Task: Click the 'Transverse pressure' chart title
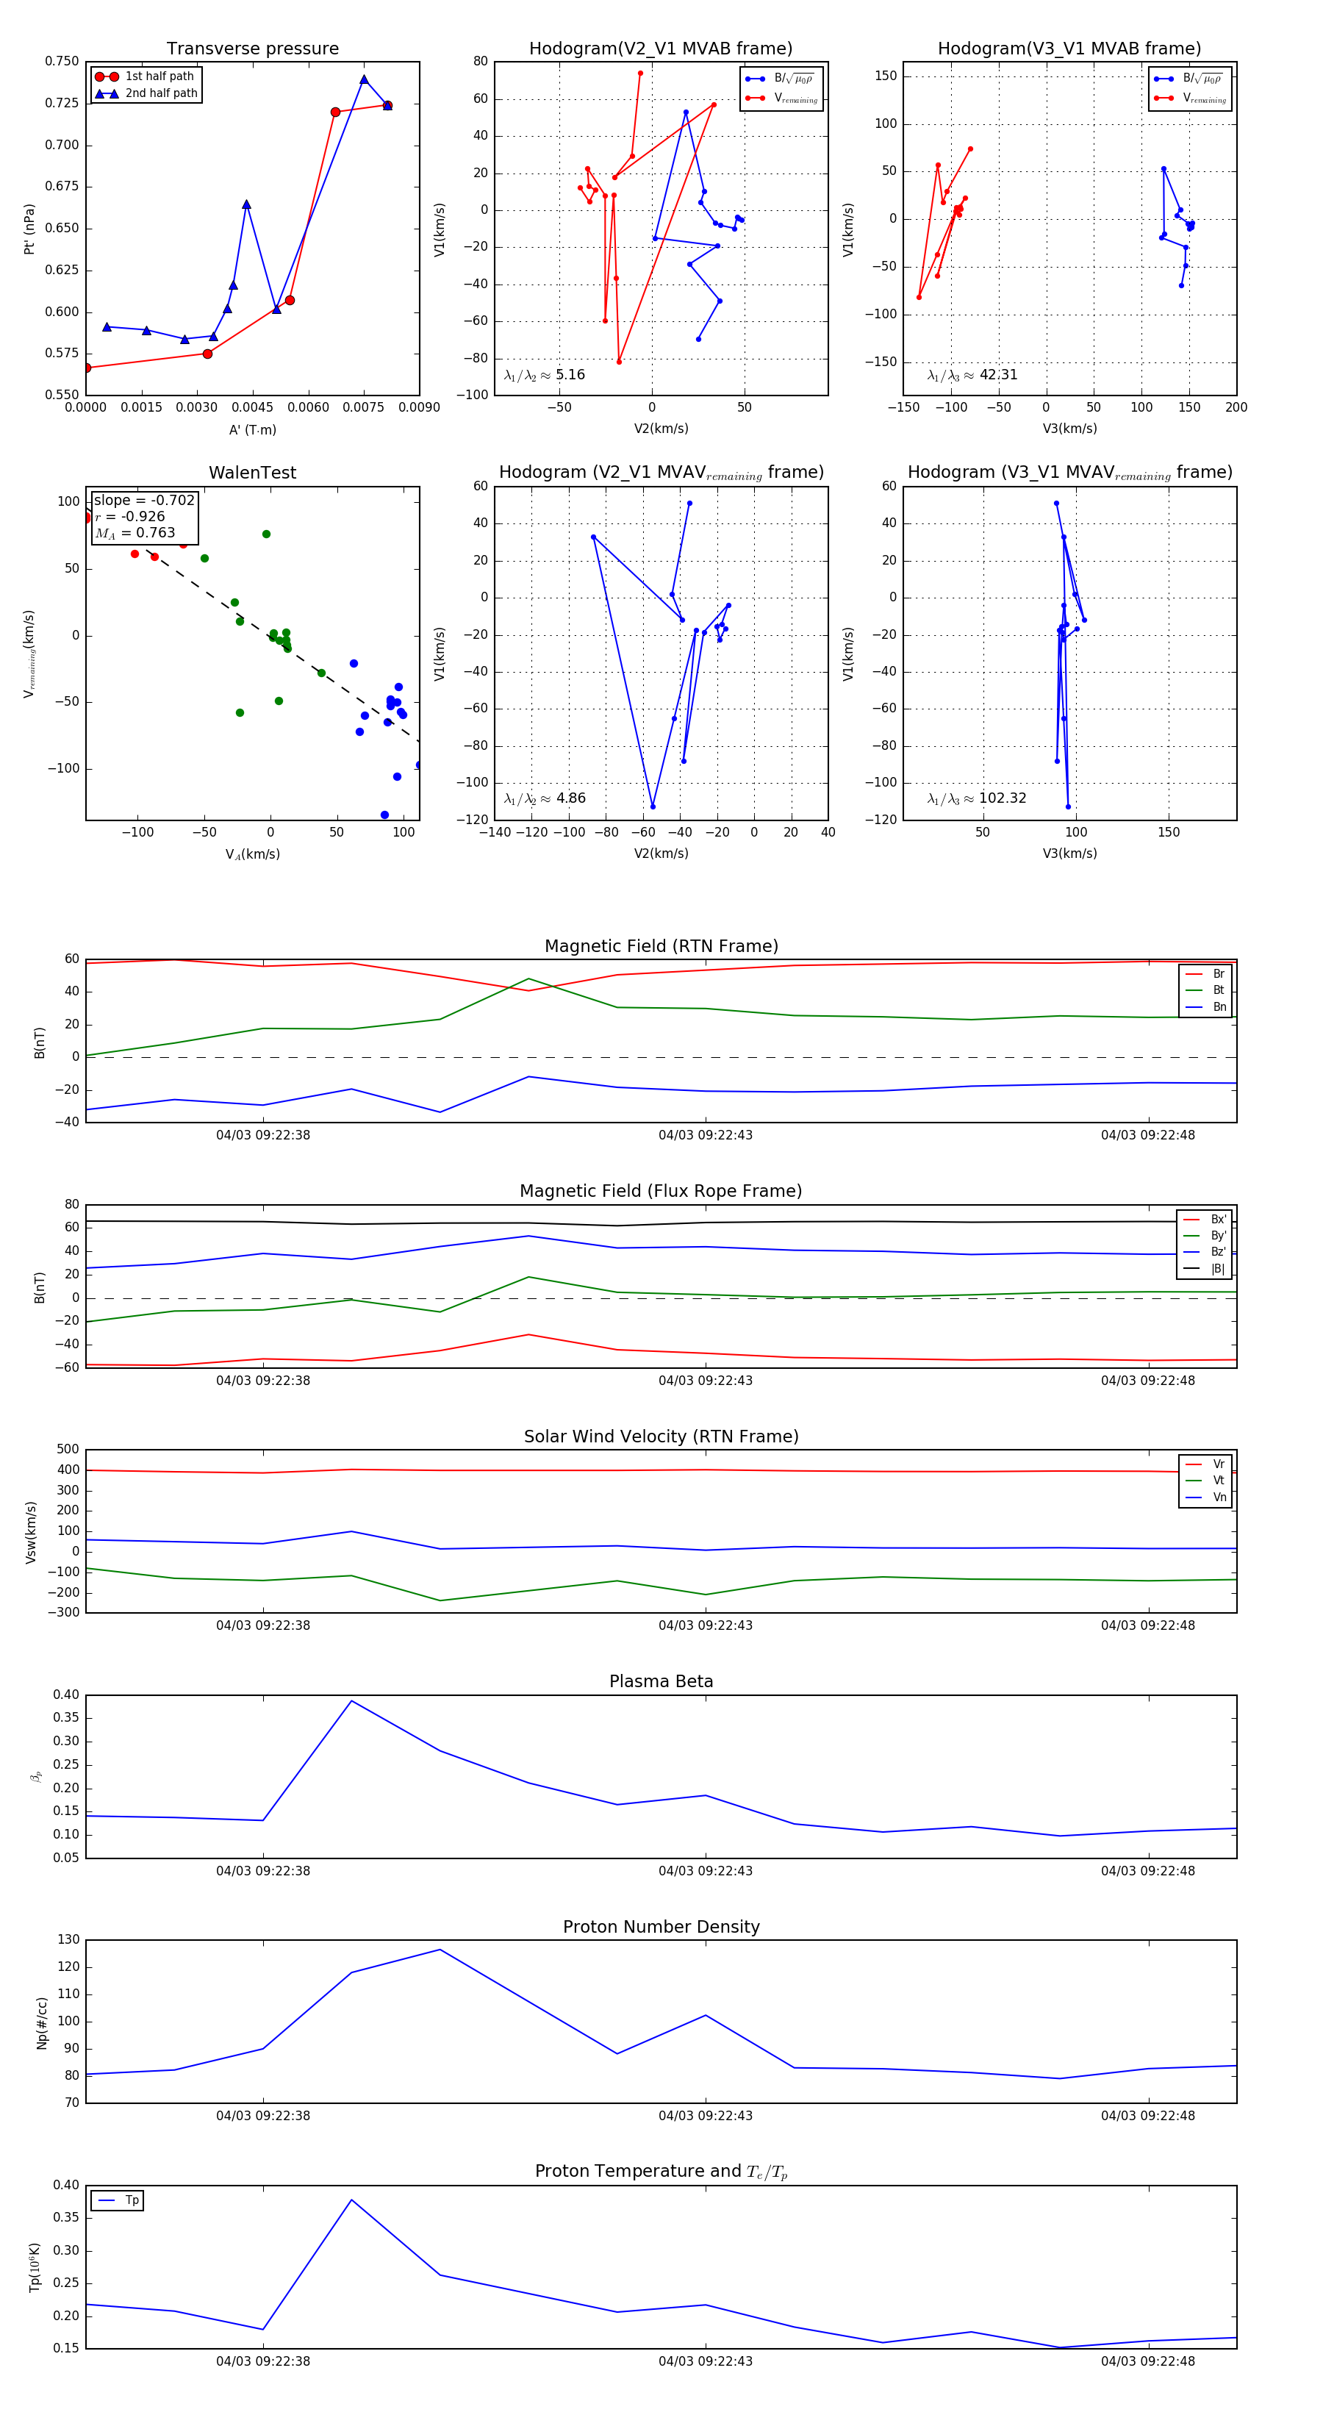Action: (252, 49)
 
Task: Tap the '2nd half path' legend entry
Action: (161, 93)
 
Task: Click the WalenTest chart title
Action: (252, 473)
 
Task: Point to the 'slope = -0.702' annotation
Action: (144, 500)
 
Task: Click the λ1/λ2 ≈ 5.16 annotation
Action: (544, 375)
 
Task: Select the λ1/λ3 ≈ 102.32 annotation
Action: (977, 798)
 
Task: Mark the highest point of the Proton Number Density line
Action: (440, 1950)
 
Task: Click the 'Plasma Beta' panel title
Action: (661, 1681)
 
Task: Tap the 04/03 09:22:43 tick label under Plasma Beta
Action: (706, 1870)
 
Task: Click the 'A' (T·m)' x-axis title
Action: (252, 429)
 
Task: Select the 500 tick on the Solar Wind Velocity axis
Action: (68, 1450)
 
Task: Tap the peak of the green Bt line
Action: (528, 978)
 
